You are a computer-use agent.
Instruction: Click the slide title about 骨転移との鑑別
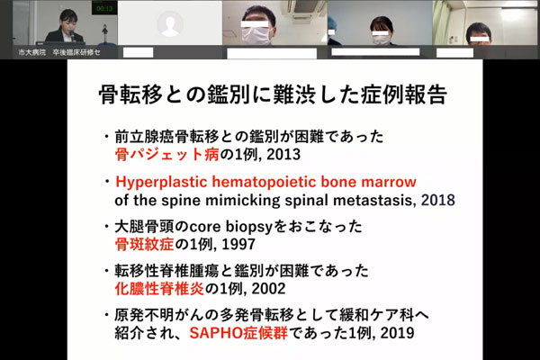(x=273, y=94)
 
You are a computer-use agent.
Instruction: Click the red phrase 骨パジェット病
(x=167, y=154)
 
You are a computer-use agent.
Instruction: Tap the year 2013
(x=283, y=154)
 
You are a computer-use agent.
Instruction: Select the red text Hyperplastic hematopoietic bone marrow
(x=265, y=182)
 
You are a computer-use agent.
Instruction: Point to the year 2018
(x=438, y=200)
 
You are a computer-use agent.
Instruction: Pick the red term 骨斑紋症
(x=144, y=244)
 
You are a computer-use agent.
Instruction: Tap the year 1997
(x=238, y=244)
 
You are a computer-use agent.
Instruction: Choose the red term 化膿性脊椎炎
(x=159, y=288)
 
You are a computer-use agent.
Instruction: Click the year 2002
(x=268, y=288)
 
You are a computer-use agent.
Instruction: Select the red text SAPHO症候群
(x=238, y=333)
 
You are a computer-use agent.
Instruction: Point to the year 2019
(x=398, y=333)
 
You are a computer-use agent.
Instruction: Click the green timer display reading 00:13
(x=104, y=8)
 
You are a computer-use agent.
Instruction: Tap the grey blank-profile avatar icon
(x=170, y=23)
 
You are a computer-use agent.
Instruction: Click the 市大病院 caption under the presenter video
(x=32, y=52)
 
